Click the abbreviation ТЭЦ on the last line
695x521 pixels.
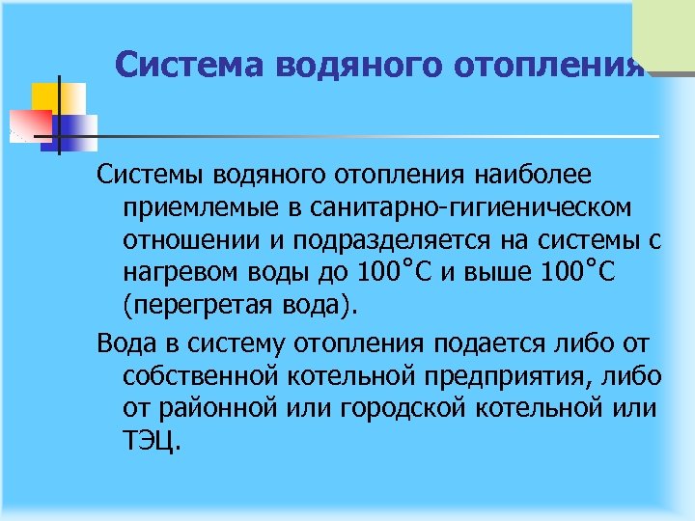(x=150, y=440)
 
